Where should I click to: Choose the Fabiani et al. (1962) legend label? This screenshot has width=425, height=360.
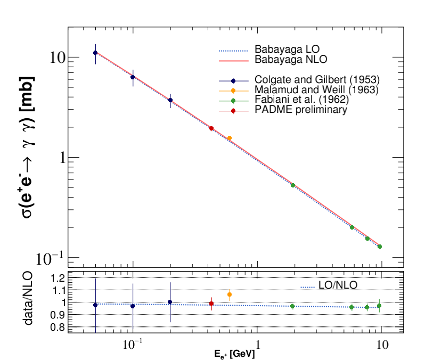pyautogui.click(x=302, y=100)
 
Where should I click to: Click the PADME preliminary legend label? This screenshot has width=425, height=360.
pyautogui.click(x=301, y=110)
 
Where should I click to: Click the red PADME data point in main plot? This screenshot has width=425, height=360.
pyautogui.click(x=211, y=128)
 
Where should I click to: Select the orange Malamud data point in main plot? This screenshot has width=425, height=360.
pyautogui.click(x=230, y=138)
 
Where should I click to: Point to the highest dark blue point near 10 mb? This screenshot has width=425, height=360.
pyautogui.click(x=95, y=53)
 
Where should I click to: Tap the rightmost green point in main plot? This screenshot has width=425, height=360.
pyautogui.click(x=380, y=247)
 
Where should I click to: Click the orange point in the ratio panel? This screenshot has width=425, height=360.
pyautogui.click(x=230, y=294)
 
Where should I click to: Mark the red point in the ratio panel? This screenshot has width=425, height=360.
pyautogui.click(x=211, y=304)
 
